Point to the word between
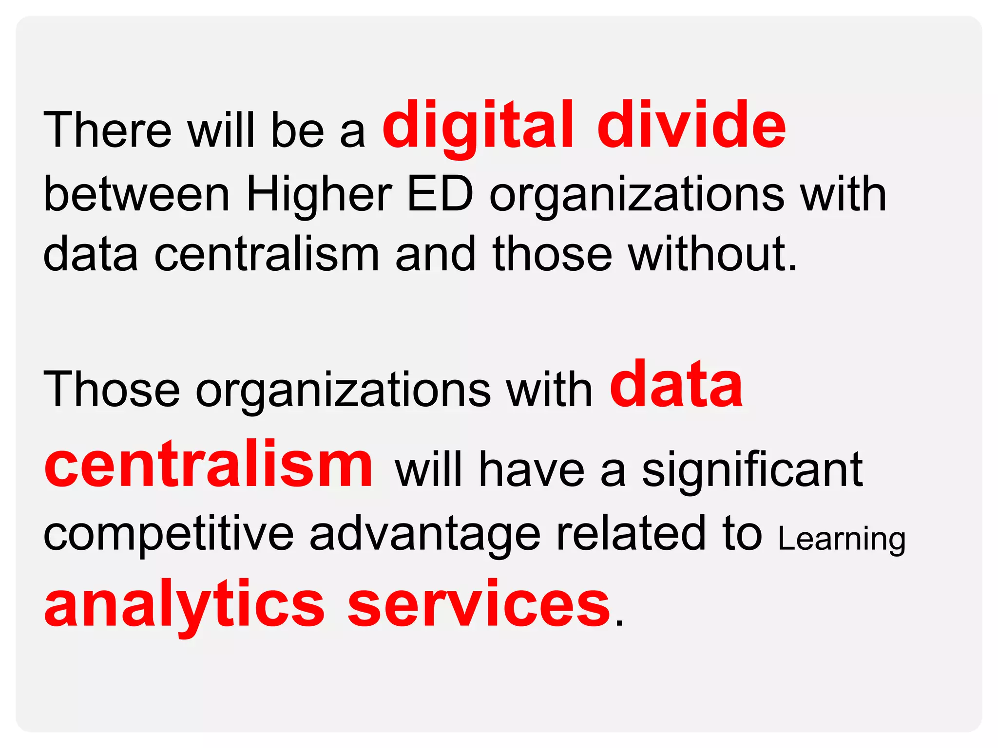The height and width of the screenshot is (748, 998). [x=136, y=194]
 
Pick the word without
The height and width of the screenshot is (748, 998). [x=712, y=254]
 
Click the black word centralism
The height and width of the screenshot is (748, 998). [x=267, y=254]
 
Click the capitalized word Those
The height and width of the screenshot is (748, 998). [x=112, y=390]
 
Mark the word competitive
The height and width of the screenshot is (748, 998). [x=169, y=535]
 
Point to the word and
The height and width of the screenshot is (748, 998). [x=435, y=254]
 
